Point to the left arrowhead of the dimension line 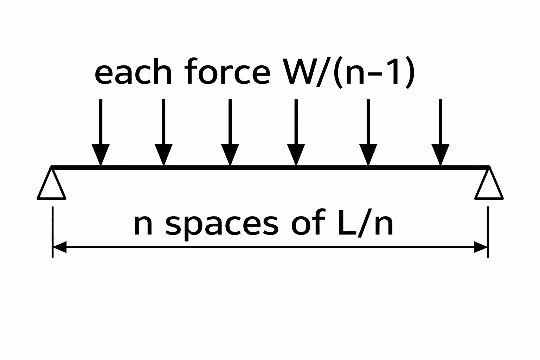pos(60,247)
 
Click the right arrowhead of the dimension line pos(480,247)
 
